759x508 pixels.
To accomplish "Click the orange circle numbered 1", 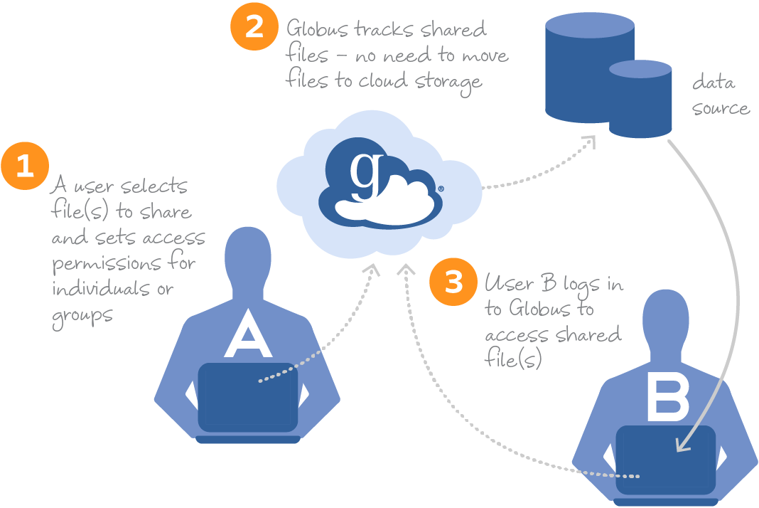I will (x=25, y=166).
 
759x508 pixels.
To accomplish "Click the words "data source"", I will (x=719, y=95).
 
